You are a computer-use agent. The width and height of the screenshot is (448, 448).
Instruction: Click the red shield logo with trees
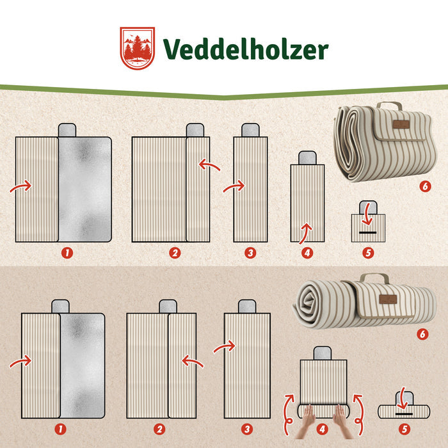click(x=138, y=48)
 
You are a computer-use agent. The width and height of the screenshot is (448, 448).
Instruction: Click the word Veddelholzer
click(x=246, y=49)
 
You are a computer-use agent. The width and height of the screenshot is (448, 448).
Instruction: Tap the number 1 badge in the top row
click(x=67, y=253)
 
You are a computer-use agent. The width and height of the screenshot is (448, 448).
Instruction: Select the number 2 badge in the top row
click(x=175, y=253)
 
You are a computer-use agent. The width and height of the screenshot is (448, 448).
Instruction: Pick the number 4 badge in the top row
click(x=307, y=253)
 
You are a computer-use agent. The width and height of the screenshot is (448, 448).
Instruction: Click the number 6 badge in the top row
click(x=425, y=186)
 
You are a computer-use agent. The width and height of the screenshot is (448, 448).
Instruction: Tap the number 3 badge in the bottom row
click(x=247, y=429)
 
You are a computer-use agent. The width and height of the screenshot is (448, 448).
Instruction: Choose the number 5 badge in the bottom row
click(x=404, y=429)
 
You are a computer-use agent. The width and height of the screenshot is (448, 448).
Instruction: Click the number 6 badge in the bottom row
click(x=422, y=334)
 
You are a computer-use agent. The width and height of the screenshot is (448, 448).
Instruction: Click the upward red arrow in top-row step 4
click(x=306, y=232)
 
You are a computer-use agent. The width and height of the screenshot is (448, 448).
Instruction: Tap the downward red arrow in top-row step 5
click(x=368, y=215)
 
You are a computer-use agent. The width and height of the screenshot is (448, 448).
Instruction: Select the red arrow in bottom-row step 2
click(x=192, y=360)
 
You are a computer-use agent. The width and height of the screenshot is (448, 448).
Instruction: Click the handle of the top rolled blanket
click(x=389, y=105)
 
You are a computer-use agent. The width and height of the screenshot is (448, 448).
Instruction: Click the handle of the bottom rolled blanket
click(x=374, y=277)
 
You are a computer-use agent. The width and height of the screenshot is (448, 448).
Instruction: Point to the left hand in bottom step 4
click(x=307, y=420)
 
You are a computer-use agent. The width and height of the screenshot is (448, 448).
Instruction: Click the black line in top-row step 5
click(x=368, y=233)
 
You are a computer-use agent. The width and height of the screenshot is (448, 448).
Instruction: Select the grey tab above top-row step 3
click(x=251, y=130)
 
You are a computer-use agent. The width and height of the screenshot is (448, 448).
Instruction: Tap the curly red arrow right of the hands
click(x=359, y=414)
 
